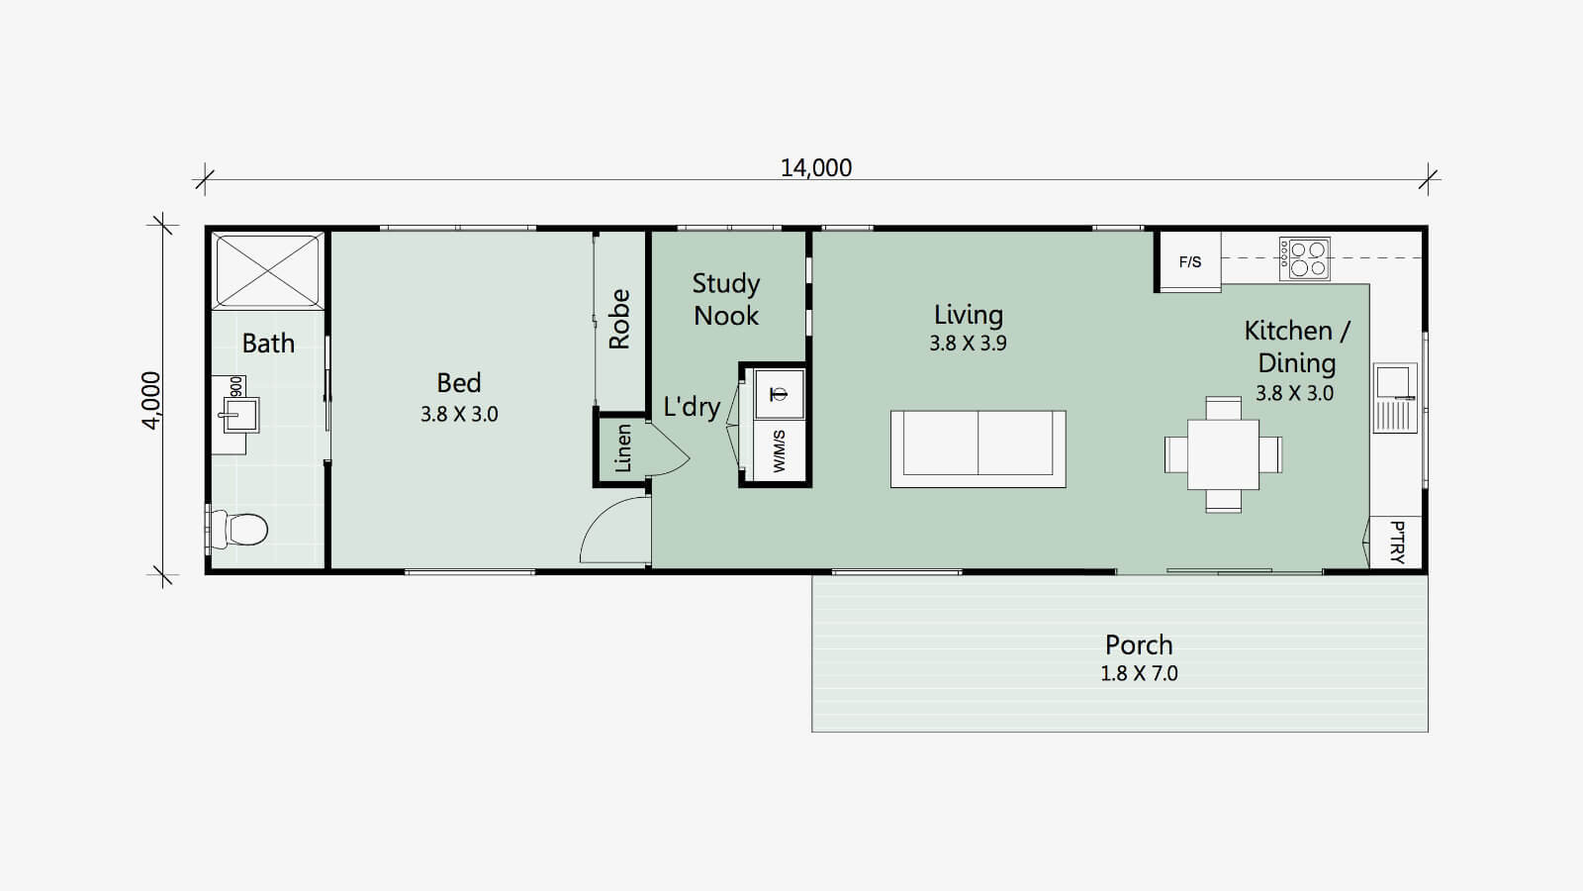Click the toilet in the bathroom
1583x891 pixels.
tap(238, 529)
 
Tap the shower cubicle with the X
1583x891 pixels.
tap(268, 271)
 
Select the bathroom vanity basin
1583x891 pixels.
tap(238, 415)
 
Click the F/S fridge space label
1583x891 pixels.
tap(1189, 262)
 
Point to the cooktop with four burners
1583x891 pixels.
tap(1305, 258)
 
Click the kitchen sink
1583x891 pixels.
tap(1395, 397)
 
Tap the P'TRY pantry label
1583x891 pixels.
tap(1397, 543)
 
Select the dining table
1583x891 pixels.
tap(1223, 454)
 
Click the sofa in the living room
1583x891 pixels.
tap(978, 449)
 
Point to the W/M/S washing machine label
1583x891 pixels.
tap(779, 451)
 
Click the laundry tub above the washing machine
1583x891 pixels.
tap(779, 394)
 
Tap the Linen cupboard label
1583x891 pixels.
tap(622, 448)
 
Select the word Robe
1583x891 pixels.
tap(619, 319)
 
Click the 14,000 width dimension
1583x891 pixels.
tap(816, 168)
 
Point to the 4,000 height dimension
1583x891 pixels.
tap(152, 401)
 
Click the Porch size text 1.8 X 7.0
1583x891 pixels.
tap(1139, 674)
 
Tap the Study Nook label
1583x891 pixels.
tap(726, 299)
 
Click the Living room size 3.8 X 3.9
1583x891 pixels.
tap(968, 344)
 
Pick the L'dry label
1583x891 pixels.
tap(692, 407)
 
